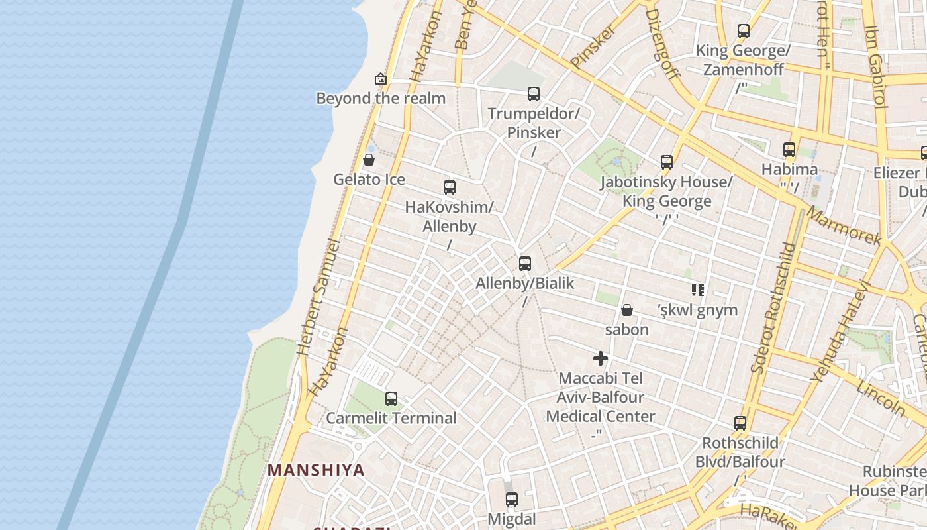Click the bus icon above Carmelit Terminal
[x=391, y=399]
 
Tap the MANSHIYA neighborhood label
[x=316, y=470]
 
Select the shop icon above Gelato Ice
[x=369, y=160]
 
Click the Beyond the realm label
[x=381, y=99]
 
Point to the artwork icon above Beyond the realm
[x=380, y=79]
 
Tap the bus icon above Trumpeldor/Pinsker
[x=534, y=94]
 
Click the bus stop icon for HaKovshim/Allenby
[x=450, y=187]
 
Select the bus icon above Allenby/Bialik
[x=525, y=264]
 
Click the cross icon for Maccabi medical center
[x=601, y=359]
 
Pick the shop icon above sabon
[x=627, y=310]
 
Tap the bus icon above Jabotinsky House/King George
[x=667, y=162]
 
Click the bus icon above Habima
[x=789, y=150]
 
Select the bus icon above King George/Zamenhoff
[x=744, y=31]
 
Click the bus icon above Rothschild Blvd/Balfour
[x=740, y=423]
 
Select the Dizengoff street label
[x=662, y=43]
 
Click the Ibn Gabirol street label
[x=875, y=66]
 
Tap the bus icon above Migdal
[x=512, y=500]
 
